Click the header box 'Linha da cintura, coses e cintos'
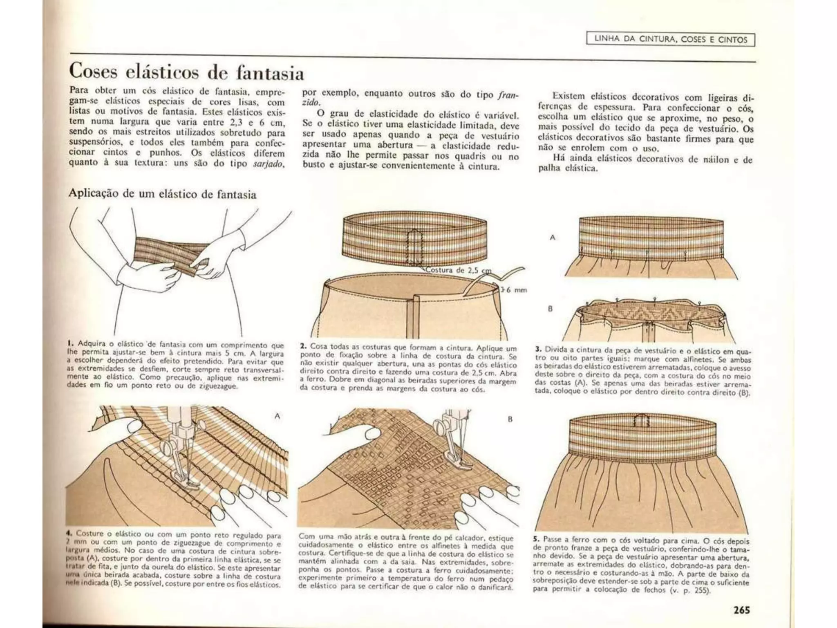[670, 40]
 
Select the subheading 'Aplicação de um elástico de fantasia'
[162, 194]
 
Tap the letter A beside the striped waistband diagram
[553, 238]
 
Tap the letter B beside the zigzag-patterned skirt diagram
[550, 309]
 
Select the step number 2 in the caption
[302, 346]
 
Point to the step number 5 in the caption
[536, 540]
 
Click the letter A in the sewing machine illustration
[277, 416]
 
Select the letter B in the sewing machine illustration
[510, 419]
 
